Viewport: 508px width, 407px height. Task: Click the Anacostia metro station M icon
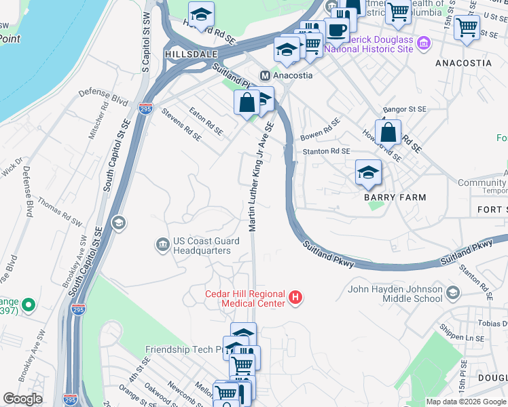[x=266, y=75]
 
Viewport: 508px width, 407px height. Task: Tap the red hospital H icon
[x=295, y=297]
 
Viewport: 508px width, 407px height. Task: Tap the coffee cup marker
[x=337, y=30]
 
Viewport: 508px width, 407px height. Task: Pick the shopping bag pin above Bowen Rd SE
[x=388, y=132]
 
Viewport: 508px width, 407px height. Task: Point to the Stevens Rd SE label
[x=181, y=126]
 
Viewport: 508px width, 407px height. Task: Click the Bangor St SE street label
[x=404, y=109]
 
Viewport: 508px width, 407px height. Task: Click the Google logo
[x=23, y=399]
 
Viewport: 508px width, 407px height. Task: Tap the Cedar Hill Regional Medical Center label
[x=245, y=298]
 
